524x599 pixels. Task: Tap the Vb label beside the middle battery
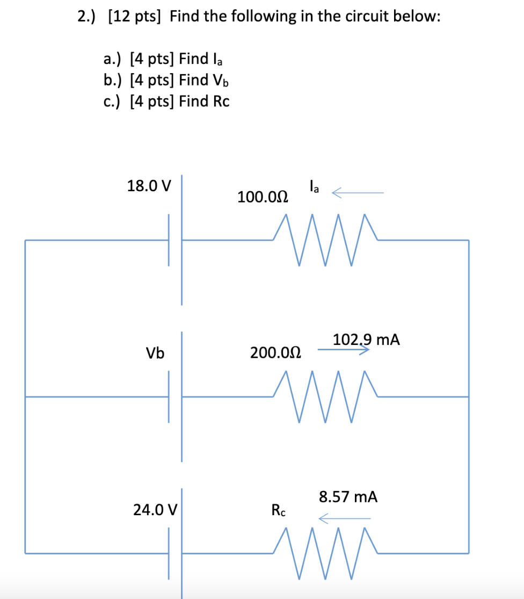(x=155, y=353)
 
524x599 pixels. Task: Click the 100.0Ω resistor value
(x=263, y=197)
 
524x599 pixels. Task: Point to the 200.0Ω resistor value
(x=275, y=353)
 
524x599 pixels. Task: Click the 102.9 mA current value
(x=366, y=340)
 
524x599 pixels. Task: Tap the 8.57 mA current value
(x=348, y=497)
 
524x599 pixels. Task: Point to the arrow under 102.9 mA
(x=344, y=350)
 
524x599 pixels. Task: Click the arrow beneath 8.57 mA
(x=344, y=518)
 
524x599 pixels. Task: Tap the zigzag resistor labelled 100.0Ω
(x=325, y=240)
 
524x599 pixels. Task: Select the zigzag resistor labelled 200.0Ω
(x=325, y=396)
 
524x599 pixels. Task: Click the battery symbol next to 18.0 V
(x=175, y=240)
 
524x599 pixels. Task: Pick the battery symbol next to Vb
(x=175, y=396)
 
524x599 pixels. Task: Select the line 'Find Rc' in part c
(x=204, y=101)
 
